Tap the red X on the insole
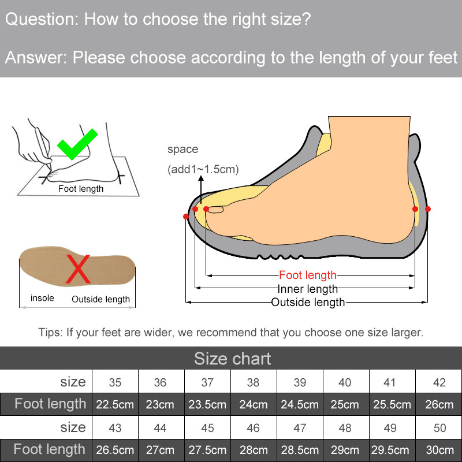[78, 269]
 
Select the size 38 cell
[254, 382]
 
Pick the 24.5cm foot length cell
[300, 404]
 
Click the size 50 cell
[439, 428]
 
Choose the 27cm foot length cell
[161, 450]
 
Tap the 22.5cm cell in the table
[115, 404]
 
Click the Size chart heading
[233, 359]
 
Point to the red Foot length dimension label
[308, 275]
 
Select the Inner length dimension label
[308, 289]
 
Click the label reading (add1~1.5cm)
[203, 169]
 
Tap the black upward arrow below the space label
[201, 189]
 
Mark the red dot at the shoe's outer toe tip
[186, 217]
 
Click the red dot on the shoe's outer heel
[428, 209]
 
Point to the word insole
[42, 298]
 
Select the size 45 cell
[207, 428]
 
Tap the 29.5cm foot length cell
[390, 450]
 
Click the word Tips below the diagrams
[50, 333]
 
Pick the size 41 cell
[389, 382]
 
